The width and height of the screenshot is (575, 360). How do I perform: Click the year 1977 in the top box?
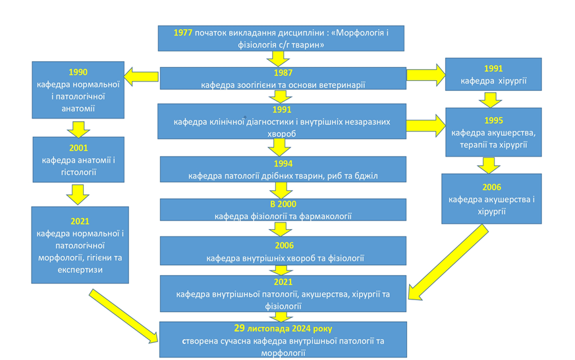click(x=183, y=33)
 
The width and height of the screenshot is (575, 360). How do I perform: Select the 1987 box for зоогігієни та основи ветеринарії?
click(x=283, y=79)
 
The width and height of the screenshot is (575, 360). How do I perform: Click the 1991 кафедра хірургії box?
click(x=493, y=74)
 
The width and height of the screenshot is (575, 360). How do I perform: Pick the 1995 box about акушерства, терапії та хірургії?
click(x=493, y=132)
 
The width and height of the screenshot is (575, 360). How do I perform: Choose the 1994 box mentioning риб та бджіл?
click(x=283, y=170)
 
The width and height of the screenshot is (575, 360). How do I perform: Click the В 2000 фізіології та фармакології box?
click(x=283, y=210)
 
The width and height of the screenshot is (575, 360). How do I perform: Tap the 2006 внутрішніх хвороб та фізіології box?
click(x=283, y=251)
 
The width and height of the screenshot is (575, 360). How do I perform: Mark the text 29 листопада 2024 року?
click(x=283, y=328)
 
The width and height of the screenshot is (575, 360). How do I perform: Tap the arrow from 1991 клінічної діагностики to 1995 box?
click(x=425, y=124)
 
